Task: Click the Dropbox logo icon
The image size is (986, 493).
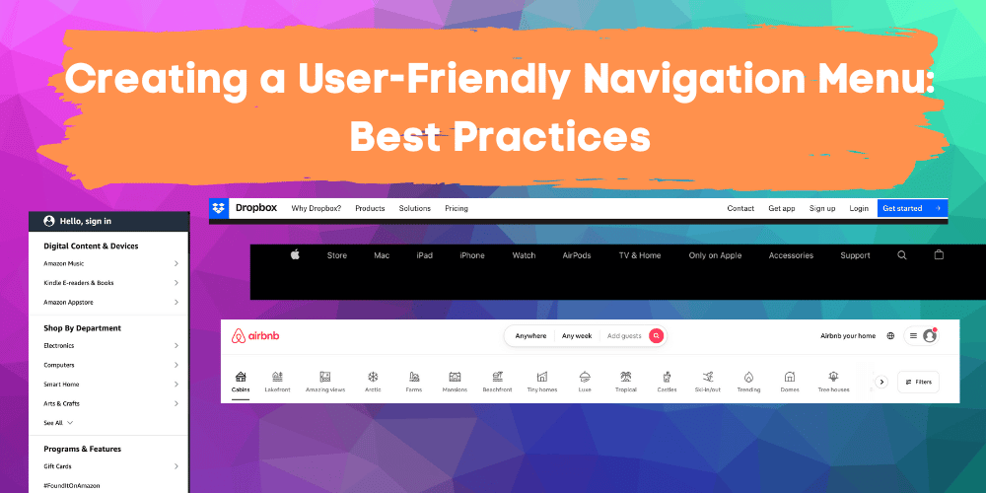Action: click(x=219, y=208)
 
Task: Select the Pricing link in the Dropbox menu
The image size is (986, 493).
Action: click(x=457, y=209)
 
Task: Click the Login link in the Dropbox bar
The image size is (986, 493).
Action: click(x=859, y=209)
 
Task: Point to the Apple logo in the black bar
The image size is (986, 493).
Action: click(x=294, y=255)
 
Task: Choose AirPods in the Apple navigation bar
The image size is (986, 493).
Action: click(x=577, y=255)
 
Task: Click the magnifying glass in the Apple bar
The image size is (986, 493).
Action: click(x=902, y=255)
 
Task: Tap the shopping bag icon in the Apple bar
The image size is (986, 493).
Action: click(x=939, y=254)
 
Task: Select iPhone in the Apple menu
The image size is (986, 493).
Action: click(x=472, y=255)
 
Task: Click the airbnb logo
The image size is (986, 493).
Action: click(x=255, y=336)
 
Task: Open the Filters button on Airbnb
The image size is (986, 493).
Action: click(x=918, y=382)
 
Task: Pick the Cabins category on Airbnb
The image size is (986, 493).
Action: click(x=241, y=381)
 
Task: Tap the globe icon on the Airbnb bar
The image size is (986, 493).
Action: click(x=890, y=336)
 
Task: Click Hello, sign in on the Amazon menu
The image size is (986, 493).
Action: click(x=84, y=222)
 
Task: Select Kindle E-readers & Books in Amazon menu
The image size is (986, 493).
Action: click(x=79, y=283)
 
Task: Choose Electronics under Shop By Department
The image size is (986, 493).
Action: click(x=59, y=346)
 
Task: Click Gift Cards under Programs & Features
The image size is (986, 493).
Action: click(x=57, y=466)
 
